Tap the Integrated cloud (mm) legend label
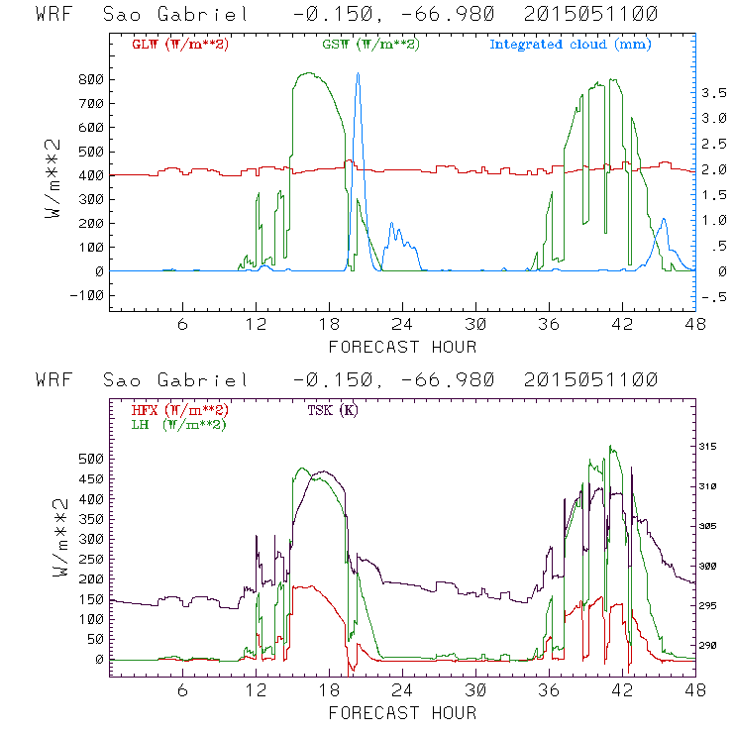click(571, 45)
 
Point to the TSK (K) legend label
click(334, 409)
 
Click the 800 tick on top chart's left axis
click(91, 79)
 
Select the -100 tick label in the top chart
click(86, 295)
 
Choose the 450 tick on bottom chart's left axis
click(91, 478)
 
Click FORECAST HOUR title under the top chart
click(402, 347)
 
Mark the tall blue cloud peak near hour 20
click(358, 74)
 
